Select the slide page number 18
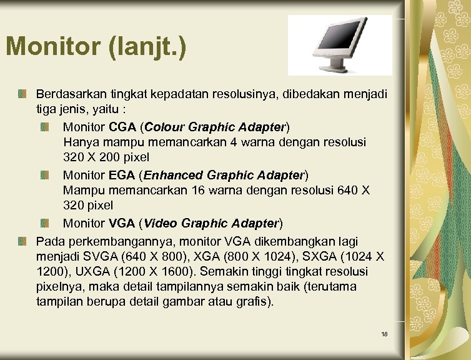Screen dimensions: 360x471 [384, 334]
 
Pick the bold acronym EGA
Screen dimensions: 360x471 [123, 174]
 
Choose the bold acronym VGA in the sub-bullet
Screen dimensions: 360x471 [122, 223]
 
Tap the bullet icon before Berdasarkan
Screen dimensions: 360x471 [22, 94]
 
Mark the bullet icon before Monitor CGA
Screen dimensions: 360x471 [47, 127]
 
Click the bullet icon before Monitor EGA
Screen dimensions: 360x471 [47, 175]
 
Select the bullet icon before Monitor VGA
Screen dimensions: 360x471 [47, 224]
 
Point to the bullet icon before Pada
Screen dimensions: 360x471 [22, 241]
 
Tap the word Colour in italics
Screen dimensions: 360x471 [166, 127]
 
